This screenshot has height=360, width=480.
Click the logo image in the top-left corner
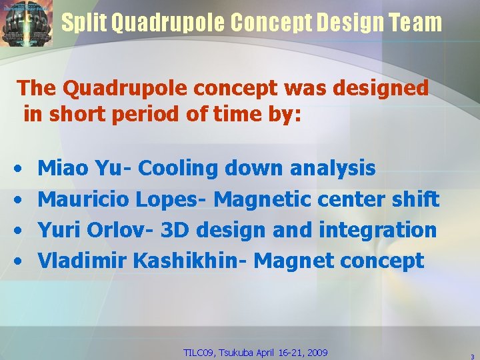(x=26, y=23)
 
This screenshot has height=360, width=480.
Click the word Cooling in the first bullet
(x=178, y=169)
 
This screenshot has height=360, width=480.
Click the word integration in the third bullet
(x=377, y=230)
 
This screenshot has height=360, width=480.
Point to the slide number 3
(x=471, y=356)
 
